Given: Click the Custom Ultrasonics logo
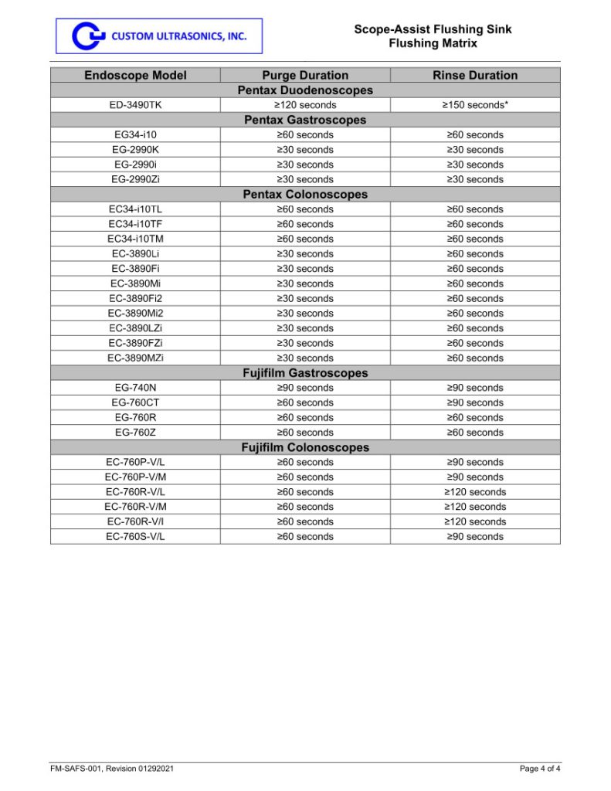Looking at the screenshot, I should click(x=158, y=36).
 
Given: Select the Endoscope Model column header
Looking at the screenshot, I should click(x=135, y=75).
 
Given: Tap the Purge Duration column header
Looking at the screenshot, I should click(x=305, y=75).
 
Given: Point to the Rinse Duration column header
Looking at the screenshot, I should click(x=475, y=75).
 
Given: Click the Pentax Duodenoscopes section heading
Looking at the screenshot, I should click(x=305, y=90).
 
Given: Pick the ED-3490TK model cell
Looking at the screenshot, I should click(x=135, y=105).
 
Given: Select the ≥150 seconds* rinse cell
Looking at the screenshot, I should click(x=475, y=105).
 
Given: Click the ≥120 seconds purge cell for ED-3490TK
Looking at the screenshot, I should click(x=305, y=105).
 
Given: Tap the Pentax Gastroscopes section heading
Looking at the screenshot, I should click(x=305, y=120).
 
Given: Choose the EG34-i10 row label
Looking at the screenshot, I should click(x=135, y=134).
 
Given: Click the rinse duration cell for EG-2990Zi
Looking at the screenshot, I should click(x=475, y=179).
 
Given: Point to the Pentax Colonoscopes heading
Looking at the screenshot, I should click(x=305, y=194).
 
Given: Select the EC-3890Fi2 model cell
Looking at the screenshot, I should click(x=135, y=298).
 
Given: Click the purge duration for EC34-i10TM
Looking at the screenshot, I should click(x=305, y=239).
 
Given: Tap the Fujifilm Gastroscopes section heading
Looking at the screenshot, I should click(x=305, y=373).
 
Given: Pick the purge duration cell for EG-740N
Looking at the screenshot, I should click(x=305, y=388).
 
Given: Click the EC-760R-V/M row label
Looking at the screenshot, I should click(x=135, y=507).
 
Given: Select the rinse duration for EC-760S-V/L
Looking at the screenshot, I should click(x=475, y=536).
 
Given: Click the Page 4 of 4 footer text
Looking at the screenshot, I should click(x=540, y=768).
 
